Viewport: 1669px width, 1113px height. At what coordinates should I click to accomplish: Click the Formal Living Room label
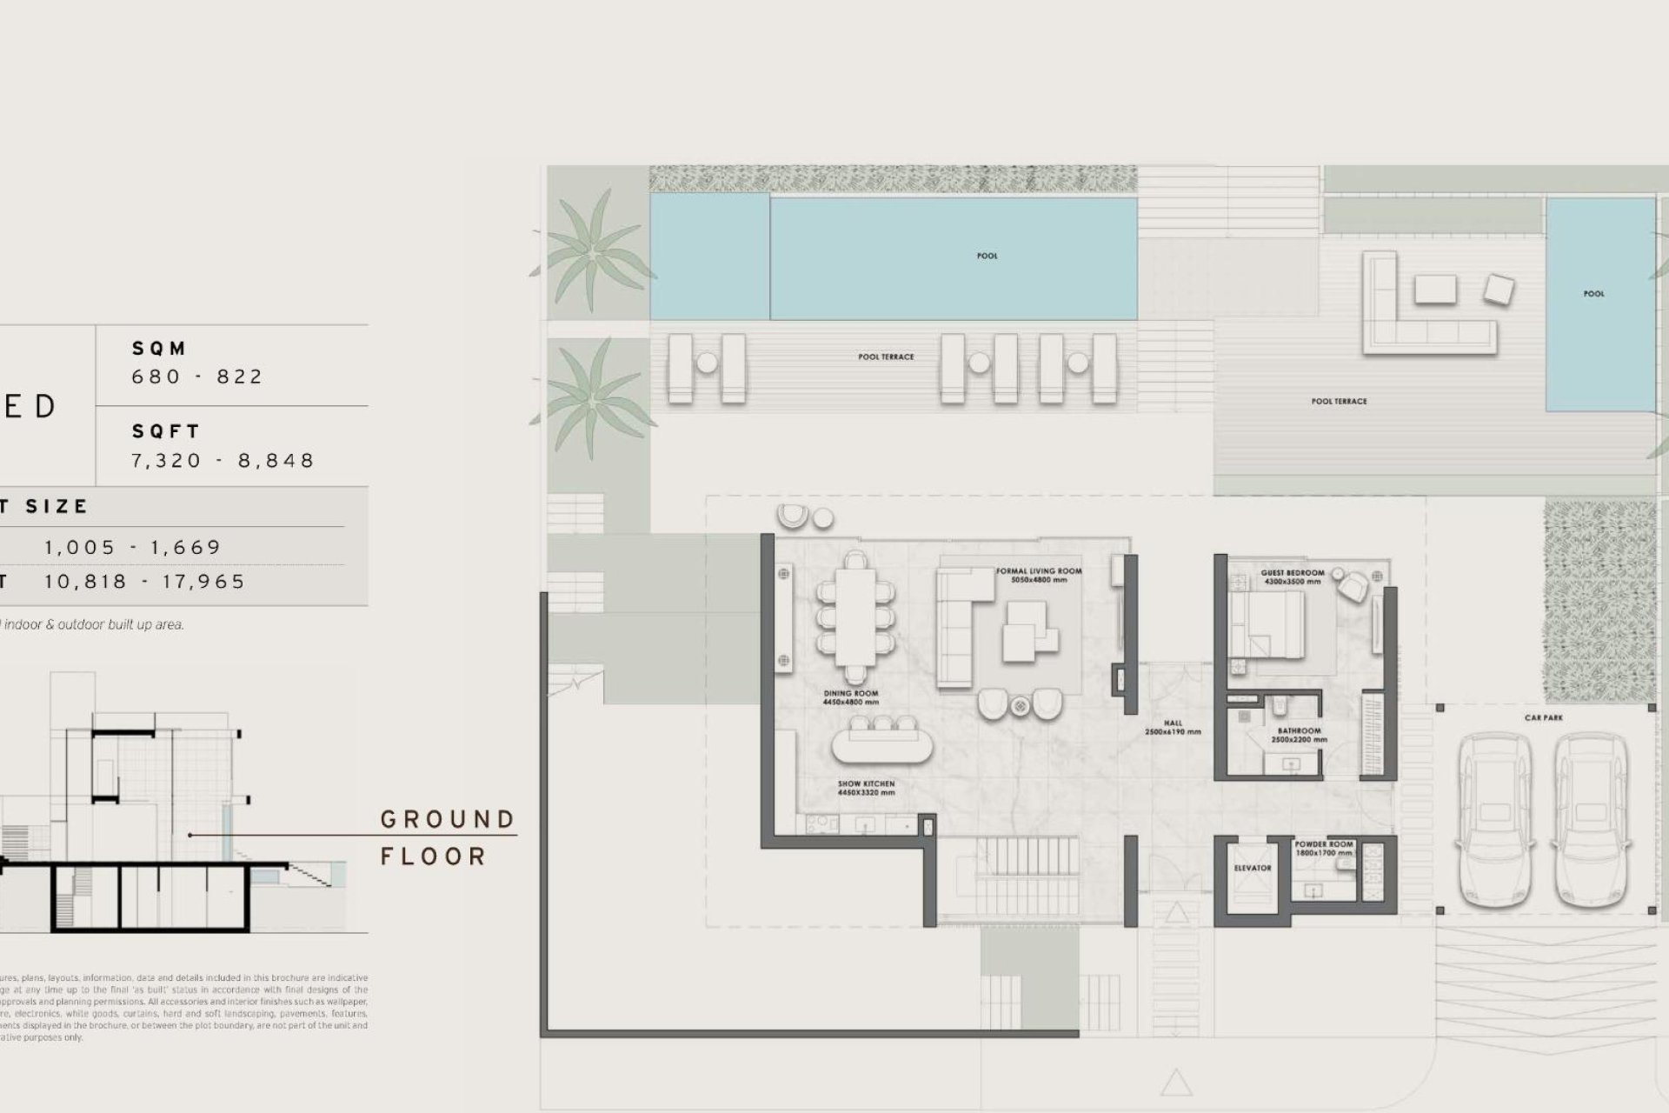[1039, 575]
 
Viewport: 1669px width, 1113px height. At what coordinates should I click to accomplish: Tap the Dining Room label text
[850, 697]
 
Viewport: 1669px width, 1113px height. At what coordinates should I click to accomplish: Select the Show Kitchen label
[866, 788]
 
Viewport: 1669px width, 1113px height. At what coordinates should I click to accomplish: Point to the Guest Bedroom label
[1293, 576]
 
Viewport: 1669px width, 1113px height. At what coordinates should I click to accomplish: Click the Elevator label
[1252, 868]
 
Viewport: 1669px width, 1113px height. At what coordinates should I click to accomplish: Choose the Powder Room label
[1323, 848]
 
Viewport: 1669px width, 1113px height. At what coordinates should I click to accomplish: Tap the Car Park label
[1544, 718]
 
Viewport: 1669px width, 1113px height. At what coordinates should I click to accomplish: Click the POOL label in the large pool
[987, 256]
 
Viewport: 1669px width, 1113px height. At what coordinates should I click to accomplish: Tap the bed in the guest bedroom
[1267, 624]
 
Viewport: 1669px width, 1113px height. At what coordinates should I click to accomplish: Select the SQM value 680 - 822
[197, 377]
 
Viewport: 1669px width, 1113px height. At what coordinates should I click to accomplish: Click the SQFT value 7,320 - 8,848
[223, 460]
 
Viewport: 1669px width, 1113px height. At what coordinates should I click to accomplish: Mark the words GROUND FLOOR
[447, 837]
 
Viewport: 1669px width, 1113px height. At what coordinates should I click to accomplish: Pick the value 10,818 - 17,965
[145, 582]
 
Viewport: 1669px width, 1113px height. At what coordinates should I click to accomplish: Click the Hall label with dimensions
[1173, 728]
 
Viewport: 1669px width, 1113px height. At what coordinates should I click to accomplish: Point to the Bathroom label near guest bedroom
[1299, 736]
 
